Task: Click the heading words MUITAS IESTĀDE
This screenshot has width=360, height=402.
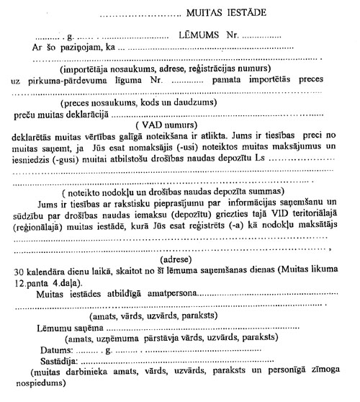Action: click(224, 12)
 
